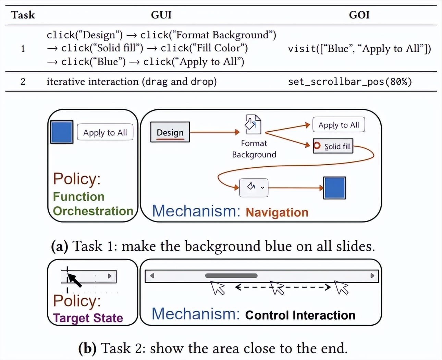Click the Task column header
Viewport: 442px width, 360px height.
(23, 15)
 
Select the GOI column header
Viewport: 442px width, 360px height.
(359, 15)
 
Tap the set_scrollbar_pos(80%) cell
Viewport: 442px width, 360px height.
(350, 82)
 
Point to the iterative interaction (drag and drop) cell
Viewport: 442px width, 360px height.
(132, 82)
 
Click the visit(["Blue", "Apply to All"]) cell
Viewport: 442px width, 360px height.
(359, 49)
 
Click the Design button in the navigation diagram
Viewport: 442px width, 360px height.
(170, 132)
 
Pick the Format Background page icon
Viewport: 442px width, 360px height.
(253, 124)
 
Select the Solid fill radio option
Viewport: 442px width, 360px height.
(333, 146)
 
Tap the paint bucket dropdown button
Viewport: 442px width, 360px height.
(254, 187)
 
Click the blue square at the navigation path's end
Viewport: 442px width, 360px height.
(334, 188)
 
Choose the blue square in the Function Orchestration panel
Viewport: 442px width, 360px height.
(62, 132)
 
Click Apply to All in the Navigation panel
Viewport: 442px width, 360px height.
(339, 125)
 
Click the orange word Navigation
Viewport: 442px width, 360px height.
(277, 213)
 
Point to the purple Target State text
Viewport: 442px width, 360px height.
(88, 318)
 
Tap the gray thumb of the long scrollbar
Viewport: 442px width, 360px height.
(231, 276)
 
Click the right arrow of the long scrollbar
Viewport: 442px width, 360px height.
(372, 276)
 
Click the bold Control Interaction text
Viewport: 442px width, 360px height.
(300, 315)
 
